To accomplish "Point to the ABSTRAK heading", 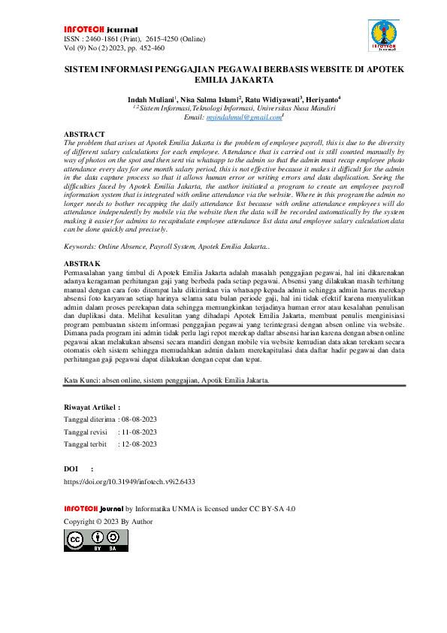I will point(83,264).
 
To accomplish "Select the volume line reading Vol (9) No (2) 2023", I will point(104,48).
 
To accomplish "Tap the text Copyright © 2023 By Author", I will point(108,521).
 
